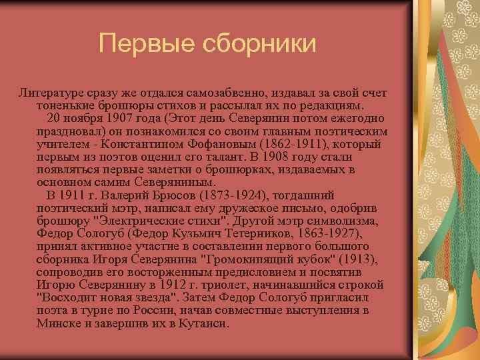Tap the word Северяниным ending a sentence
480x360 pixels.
(x=174, y=182)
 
